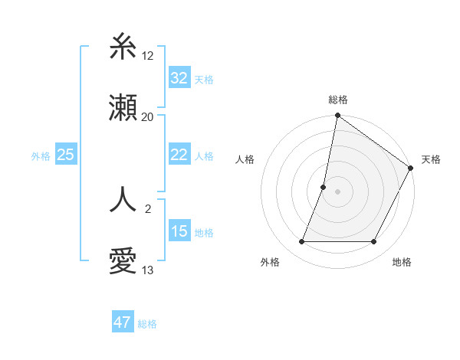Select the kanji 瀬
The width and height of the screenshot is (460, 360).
(123, 109)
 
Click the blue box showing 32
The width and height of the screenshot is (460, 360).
(179, 78)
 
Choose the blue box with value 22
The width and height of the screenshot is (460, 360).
(179, 155)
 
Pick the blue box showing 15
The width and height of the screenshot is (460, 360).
(179, 231)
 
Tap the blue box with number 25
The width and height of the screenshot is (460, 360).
(65, 155)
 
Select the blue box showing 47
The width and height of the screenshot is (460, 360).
(123, 322)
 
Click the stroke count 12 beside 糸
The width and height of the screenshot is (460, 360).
(148, 55)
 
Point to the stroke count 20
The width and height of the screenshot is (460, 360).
(148, 116)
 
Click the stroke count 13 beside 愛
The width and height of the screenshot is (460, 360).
(148, 270)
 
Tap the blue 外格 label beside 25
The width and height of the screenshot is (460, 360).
(41, 155)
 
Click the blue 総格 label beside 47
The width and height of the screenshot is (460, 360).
(147, 323)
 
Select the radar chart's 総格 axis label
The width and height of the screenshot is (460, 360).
(338, 100)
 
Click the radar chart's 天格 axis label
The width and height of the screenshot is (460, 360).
(431, 159)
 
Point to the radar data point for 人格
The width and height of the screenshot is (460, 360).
(324, 186)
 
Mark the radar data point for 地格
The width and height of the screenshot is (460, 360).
(374, 242)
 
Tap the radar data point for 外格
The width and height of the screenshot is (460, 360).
(302, 242)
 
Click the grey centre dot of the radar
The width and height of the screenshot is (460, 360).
(338, 191)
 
